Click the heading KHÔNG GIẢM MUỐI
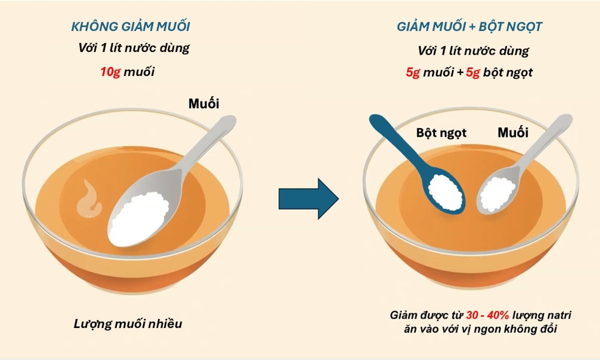tap(130, 26)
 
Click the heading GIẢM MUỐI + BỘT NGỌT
tap(470, 26)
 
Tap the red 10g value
tap(110, 71)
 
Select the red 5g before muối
tap(413, 73)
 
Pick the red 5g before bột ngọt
tap(473, 73)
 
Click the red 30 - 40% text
tap(487, 315)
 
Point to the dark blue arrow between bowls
tap(309, 198)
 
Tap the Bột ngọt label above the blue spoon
tap(441, 133)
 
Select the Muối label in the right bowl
tap(513, 133)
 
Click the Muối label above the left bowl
tap(203, 103)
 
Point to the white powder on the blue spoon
tap(445, 191)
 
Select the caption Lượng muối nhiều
tap(128, 324)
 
